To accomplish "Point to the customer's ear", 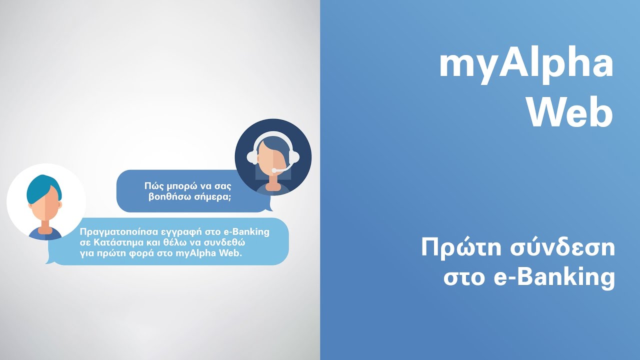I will click(60, 205).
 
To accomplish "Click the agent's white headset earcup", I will click(294, 156).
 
